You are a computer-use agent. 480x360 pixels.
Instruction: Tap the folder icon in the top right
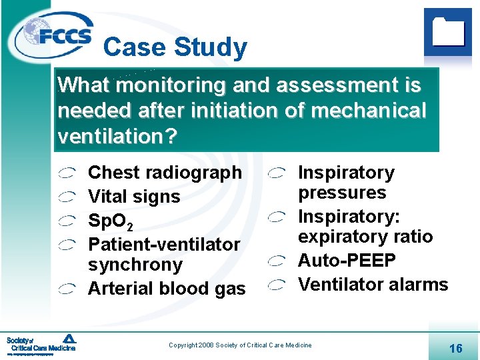(x=448, y=31)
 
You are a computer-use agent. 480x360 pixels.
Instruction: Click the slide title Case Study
(x=175, y=47)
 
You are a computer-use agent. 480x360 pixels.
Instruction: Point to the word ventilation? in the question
(x=117, y=136)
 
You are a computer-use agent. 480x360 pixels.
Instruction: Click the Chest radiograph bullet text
(x=165, y=173)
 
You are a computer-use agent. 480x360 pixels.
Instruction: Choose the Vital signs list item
(x=134, y=197)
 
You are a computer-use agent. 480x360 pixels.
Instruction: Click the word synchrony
(x=135, y=265)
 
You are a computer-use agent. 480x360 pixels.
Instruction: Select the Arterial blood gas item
(x=167, y=289)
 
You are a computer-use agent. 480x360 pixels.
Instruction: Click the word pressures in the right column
(x=342, y=193)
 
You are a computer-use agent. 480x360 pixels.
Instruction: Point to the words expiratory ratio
(x=365, y=237)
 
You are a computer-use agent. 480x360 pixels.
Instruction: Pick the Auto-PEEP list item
(x=347, y=261)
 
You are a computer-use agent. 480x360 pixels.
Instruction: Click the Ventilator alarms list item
(x=373, y=285)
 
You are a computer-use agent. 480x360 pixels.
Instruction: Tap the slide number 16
(x=456, y=348)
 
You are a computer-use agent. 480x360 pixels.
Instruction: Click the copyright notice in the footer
(x=240, y=345)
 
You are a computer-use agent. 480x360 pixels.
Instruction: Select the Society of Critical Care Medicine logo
(x=41, y=344)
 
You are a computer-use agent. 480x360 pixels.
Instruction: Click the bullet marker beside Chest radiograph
(x=67, y=173)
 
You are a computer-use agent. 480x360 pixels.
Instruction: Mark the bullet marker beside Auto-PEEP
(x=277, y=261)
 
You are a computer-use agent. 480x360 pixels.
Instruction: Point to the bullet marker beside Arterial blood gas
(x=67, y=289)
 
